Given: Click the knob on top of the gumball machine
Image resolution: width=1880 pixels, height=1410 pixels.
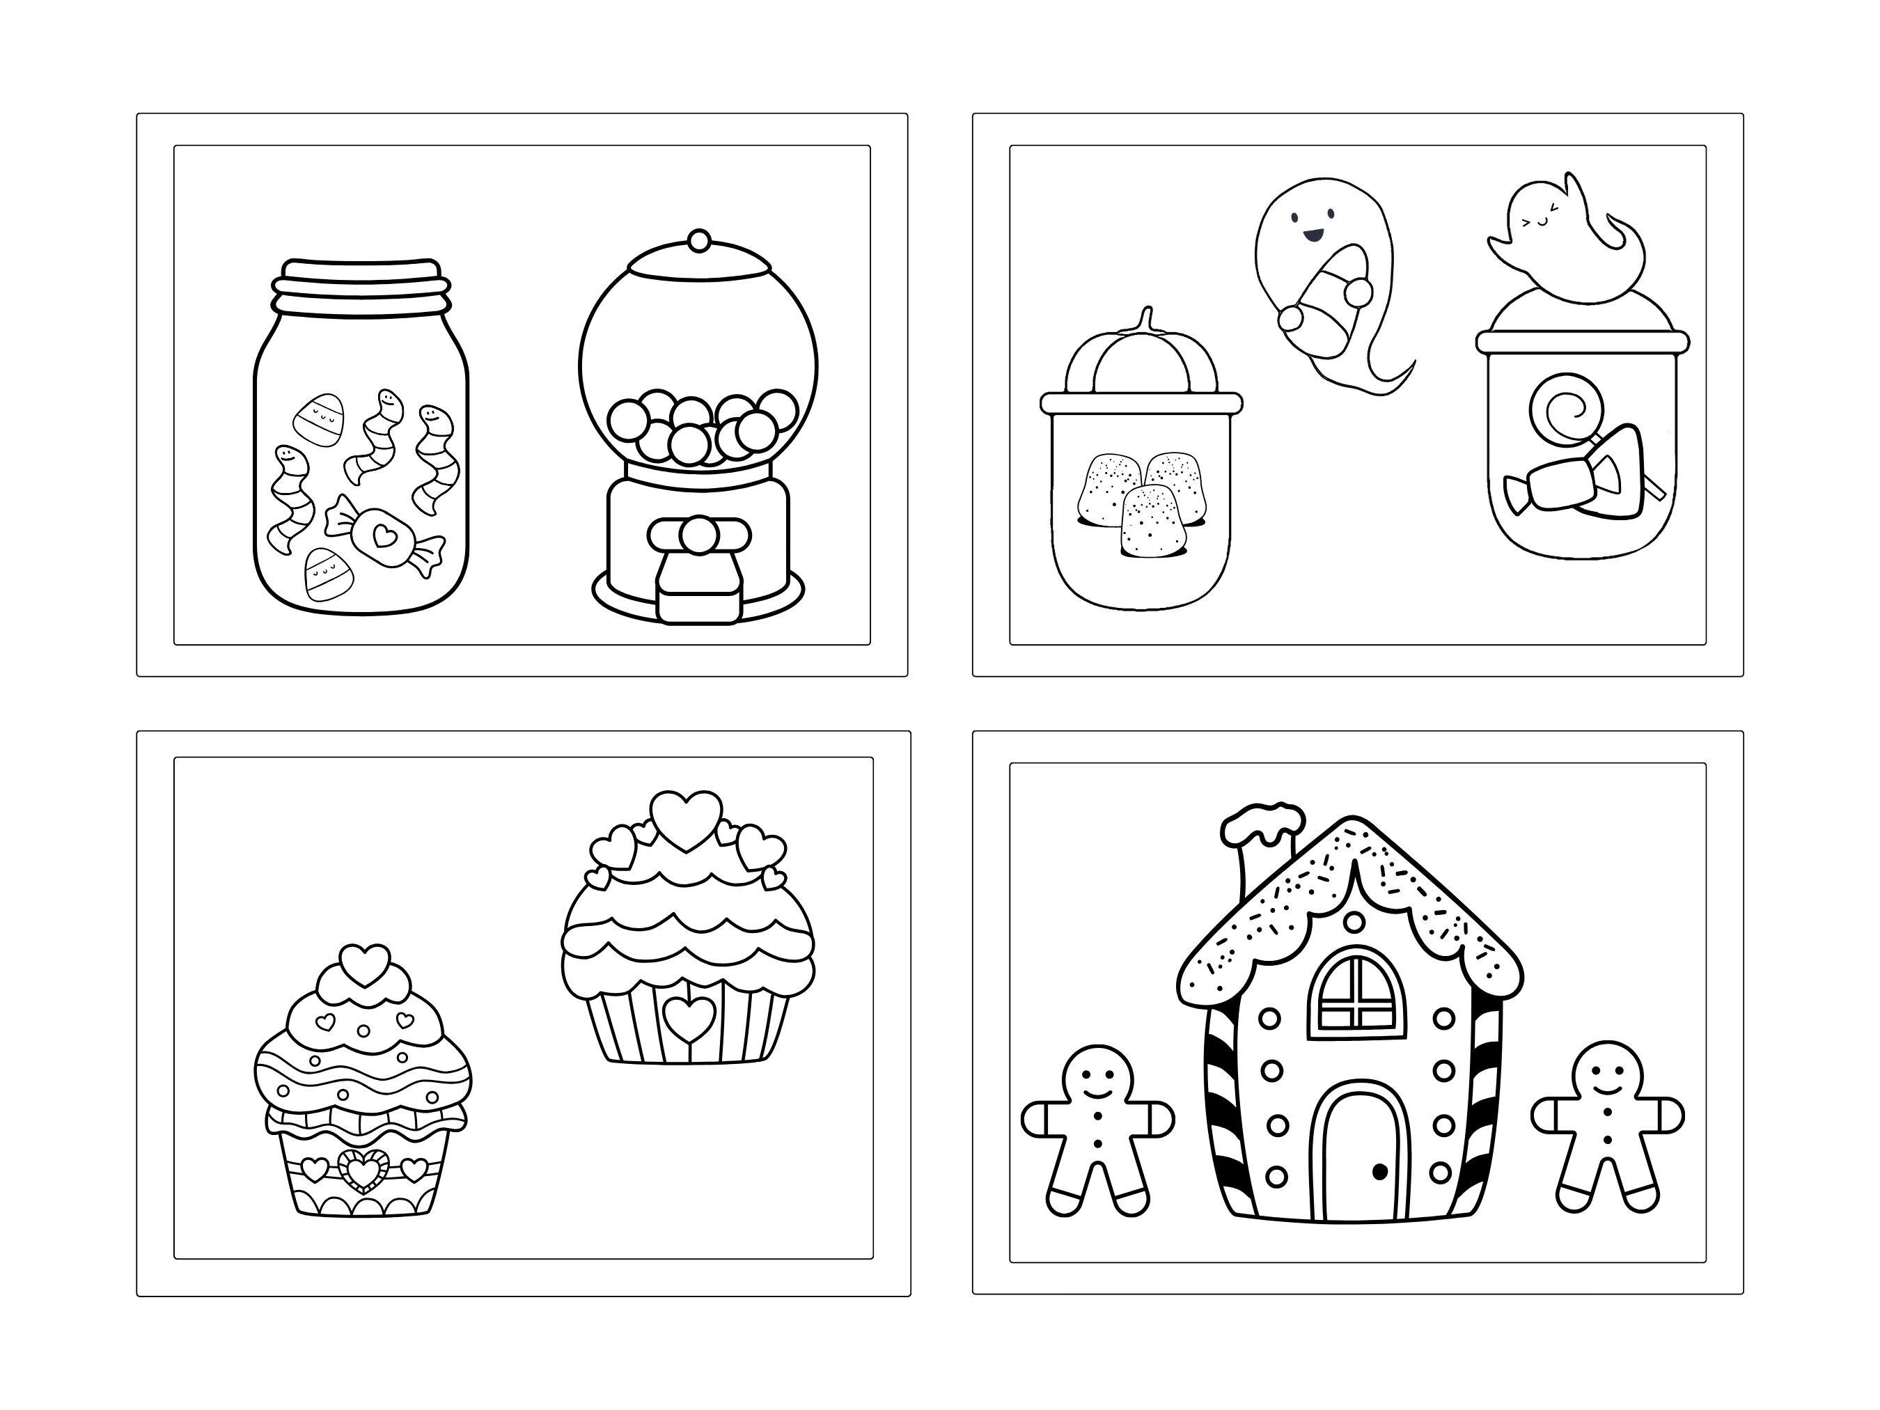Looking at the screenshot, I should click(698, 240).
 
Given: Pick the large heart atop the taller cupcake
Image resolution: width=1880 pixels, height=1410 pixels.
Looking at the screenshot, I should click(687, 818).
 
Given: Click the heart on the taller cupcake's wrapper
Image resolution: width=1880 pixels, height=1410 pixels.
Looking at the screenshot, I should click(689, 1016).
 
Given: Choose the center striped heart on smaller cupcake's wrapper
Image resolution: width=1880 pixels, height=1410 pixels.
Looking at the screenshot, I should click(363, 1170).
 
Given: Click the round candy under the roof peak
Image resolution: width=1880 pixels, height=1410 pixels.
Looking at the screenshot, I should click(1355, 921).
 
